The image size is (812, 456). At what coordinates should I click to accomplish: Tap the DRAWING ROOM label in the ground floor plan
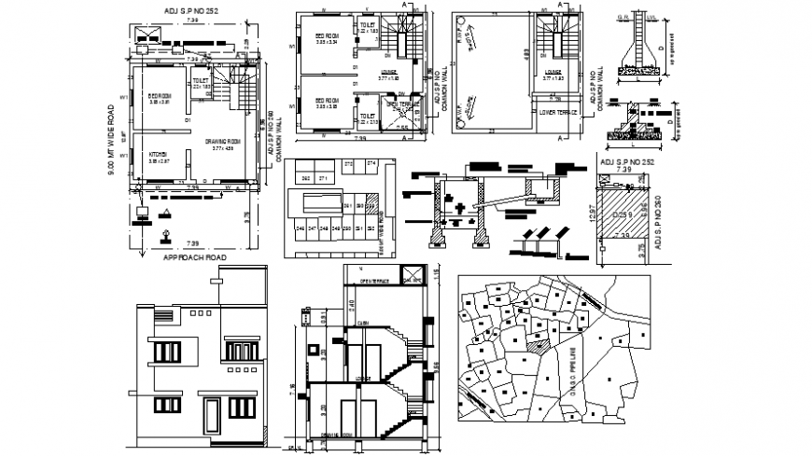pyautogui.click(x=223, y=143)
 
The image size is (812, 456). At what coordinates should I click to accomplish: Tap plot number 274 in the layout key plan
pyautogui.click(x=371, y=164)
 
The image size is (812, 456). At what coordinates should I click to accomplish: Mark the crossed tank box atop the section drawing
pyautogui.click(x=410, y=276)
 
